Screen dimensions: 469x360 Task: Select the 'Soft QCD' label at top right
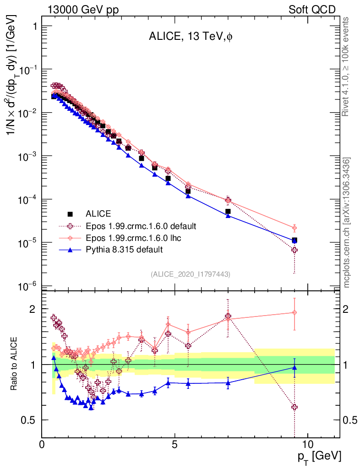click(x=312, y=10)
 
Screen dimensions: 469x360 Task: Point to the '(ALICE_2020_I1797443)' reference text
click(x=190, y=274)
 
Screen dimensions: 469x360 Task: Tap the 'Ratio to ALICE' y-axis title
click(x=15, y=364)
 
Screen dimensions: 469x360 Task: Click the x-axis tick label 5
click(x=175, y=445)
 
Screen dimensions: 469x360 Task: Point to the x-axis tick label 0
click(x=42, y=445)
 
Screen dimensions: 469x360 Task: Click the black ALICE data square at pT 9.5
click(x=295, y=240)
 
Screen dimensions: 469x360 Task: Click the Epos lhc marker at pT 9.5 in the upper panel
click(x=295, y=228)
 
